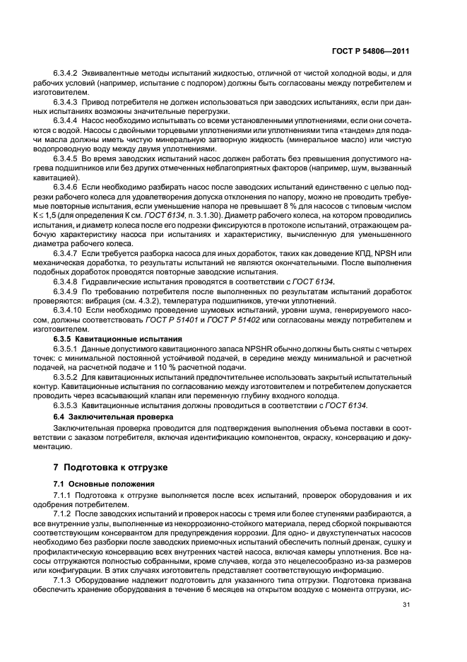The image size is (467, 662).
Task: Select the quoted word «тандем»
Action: [353, 129]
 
